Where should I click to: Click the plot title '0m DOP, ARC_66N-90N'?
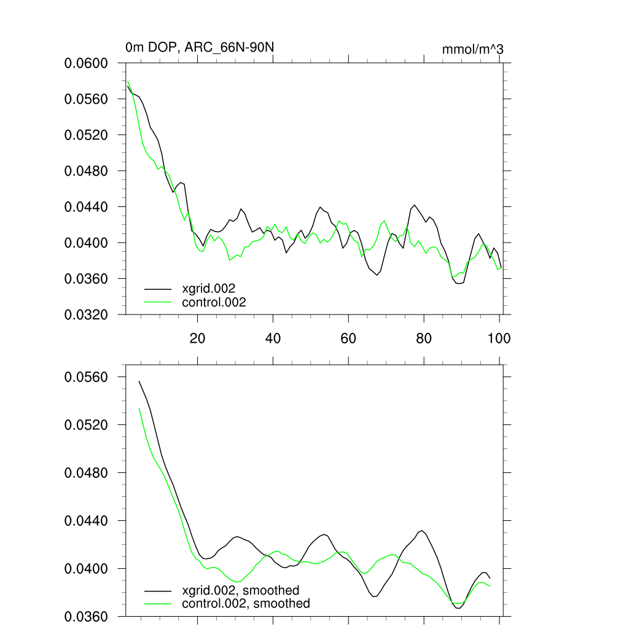(195, 47)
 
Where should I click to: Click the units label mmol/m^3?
(472, 49)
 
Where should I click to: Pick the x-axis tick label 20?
(197, 338)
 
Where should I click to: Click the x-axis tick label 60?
(348, 338)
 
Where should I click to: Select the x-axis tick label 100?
(499, 338)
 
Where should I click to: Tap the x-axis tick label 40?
(273, 338)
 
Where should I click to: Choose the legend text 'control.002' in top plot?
(214, 302)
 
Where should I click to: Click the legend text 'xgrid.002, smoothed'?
(240, 590)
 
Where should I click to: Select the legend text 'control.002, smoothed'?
(246, 604)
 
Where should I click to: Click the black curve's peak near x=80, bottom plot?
(423, 530)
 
